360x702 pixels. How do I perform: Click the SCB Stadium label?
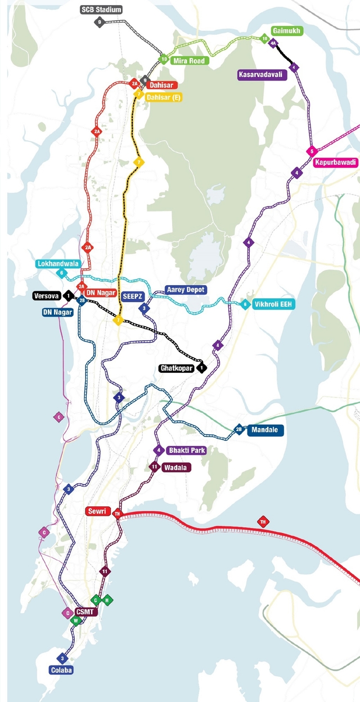[x=101, y=10]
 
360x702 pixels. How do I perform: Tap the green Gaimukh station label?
[x=287, y=30]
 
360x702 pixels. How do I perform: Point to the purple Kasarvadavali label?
[x=262, y=75]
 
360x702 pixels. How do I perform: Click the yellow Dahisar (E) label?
[x=163, y=97]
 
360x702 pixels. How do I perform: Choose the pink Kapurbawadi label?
[x=336, y=163]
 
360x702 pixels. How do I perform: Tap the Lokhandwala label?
[x=58, y=264]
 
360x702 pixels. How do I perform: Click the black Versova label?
[x=46, y=296]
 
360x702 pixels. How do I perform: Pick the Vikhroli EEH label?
[x=273, y=304]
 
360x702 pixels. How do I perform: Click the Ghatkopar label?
[x=177, y=368]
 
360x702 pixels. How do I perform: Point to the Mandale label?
[x=264, y=430]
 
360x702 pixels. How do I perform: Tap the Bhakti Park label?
[x=187, y=451]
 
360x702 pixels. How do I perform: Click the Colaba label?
[x=62, y=670]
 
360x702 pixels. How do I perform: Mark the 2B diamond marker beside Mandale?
[x=238, y=430]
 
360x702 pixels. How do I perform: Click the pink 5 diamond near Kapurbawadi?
[x=311, y=151]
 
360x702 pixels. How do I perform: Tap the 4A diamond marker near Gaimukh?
[x=273, y=43]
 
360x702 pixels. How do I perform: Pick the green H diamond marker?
[x=107, y=601]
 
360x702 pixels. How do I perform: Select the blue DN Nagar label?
[x=58, y=312]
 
